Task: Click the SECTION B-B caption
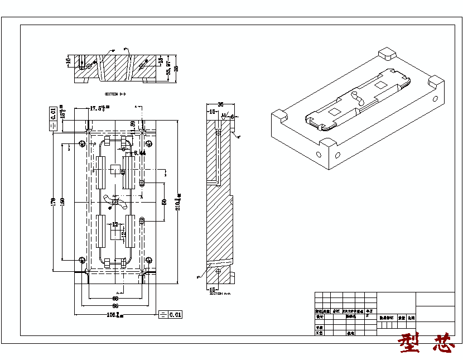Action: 115,94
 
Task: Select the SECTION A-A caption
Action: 215,293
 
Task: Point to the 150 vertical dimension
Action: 62,201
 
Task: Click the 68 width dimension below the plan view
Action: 115,299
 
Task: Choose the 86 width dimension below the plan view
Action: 115,306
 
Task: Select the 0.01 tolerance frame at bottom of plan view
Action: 171,315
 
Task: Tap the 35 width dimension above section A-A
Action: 220,104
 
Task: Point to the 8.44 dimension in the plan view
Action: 139,152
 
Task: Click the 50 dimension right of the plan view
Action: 164,201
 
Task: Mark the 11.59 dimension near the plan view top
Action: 133,126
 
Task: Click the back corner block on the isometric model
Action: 387,54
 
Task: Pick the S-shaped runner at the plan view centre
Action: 113,201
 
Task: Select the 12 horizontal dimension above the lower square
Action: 115,224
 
